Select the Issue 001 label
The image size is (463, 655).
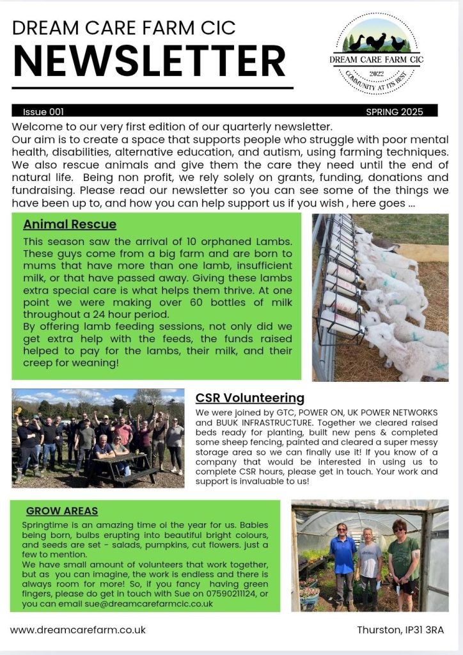(x=43, y=111)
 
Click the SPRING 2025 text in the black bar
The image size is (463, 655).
(x=395, y=111)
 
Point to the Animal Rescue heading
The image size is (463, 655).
(x=70, y=225)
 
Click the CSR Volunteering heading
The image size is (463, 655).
(x=250, y=398)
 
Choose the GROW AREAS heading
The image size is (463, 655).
(x=62, y=510)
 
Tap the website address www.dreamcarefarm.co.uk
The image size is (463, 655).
(x=78, y=629)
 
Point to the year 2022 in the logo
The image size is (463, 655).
(x=376, y=74)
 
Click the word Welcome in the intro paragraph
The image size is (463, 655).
(x=35, y=126)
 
